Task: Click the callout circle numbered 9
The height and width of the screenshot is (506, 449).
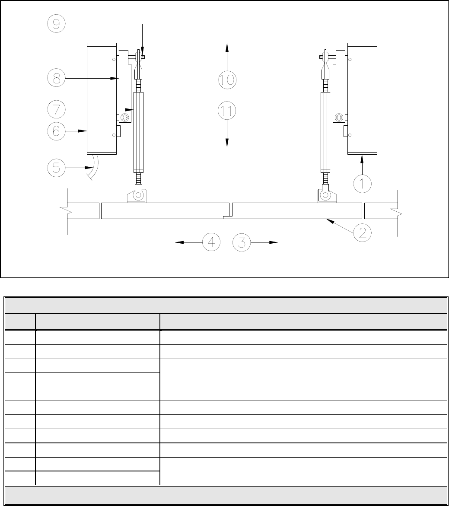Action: coord(57,24)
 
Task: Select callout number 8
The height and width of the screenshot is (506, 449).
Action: coord(57,78)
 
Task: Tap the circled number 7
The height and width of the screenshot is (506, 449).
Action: coord(57,110)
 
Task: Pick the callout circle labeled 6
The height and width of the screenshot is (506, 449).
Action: coord(57,131)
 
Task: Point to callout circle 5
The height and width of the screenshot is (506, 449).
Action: coord(57,168)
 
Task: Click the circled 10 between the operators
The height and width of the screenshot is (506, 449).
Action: coord(227,80)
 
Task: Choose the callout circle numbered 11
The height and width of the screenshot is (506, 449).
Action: coord(227,111)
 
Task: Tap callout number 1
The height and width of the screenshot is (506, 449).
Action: coord(363,184)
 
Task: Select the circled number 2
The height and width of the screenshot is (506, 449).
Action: coord(363,232)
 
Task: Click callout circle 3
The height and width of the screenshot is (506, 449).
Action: coord(242,242)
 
